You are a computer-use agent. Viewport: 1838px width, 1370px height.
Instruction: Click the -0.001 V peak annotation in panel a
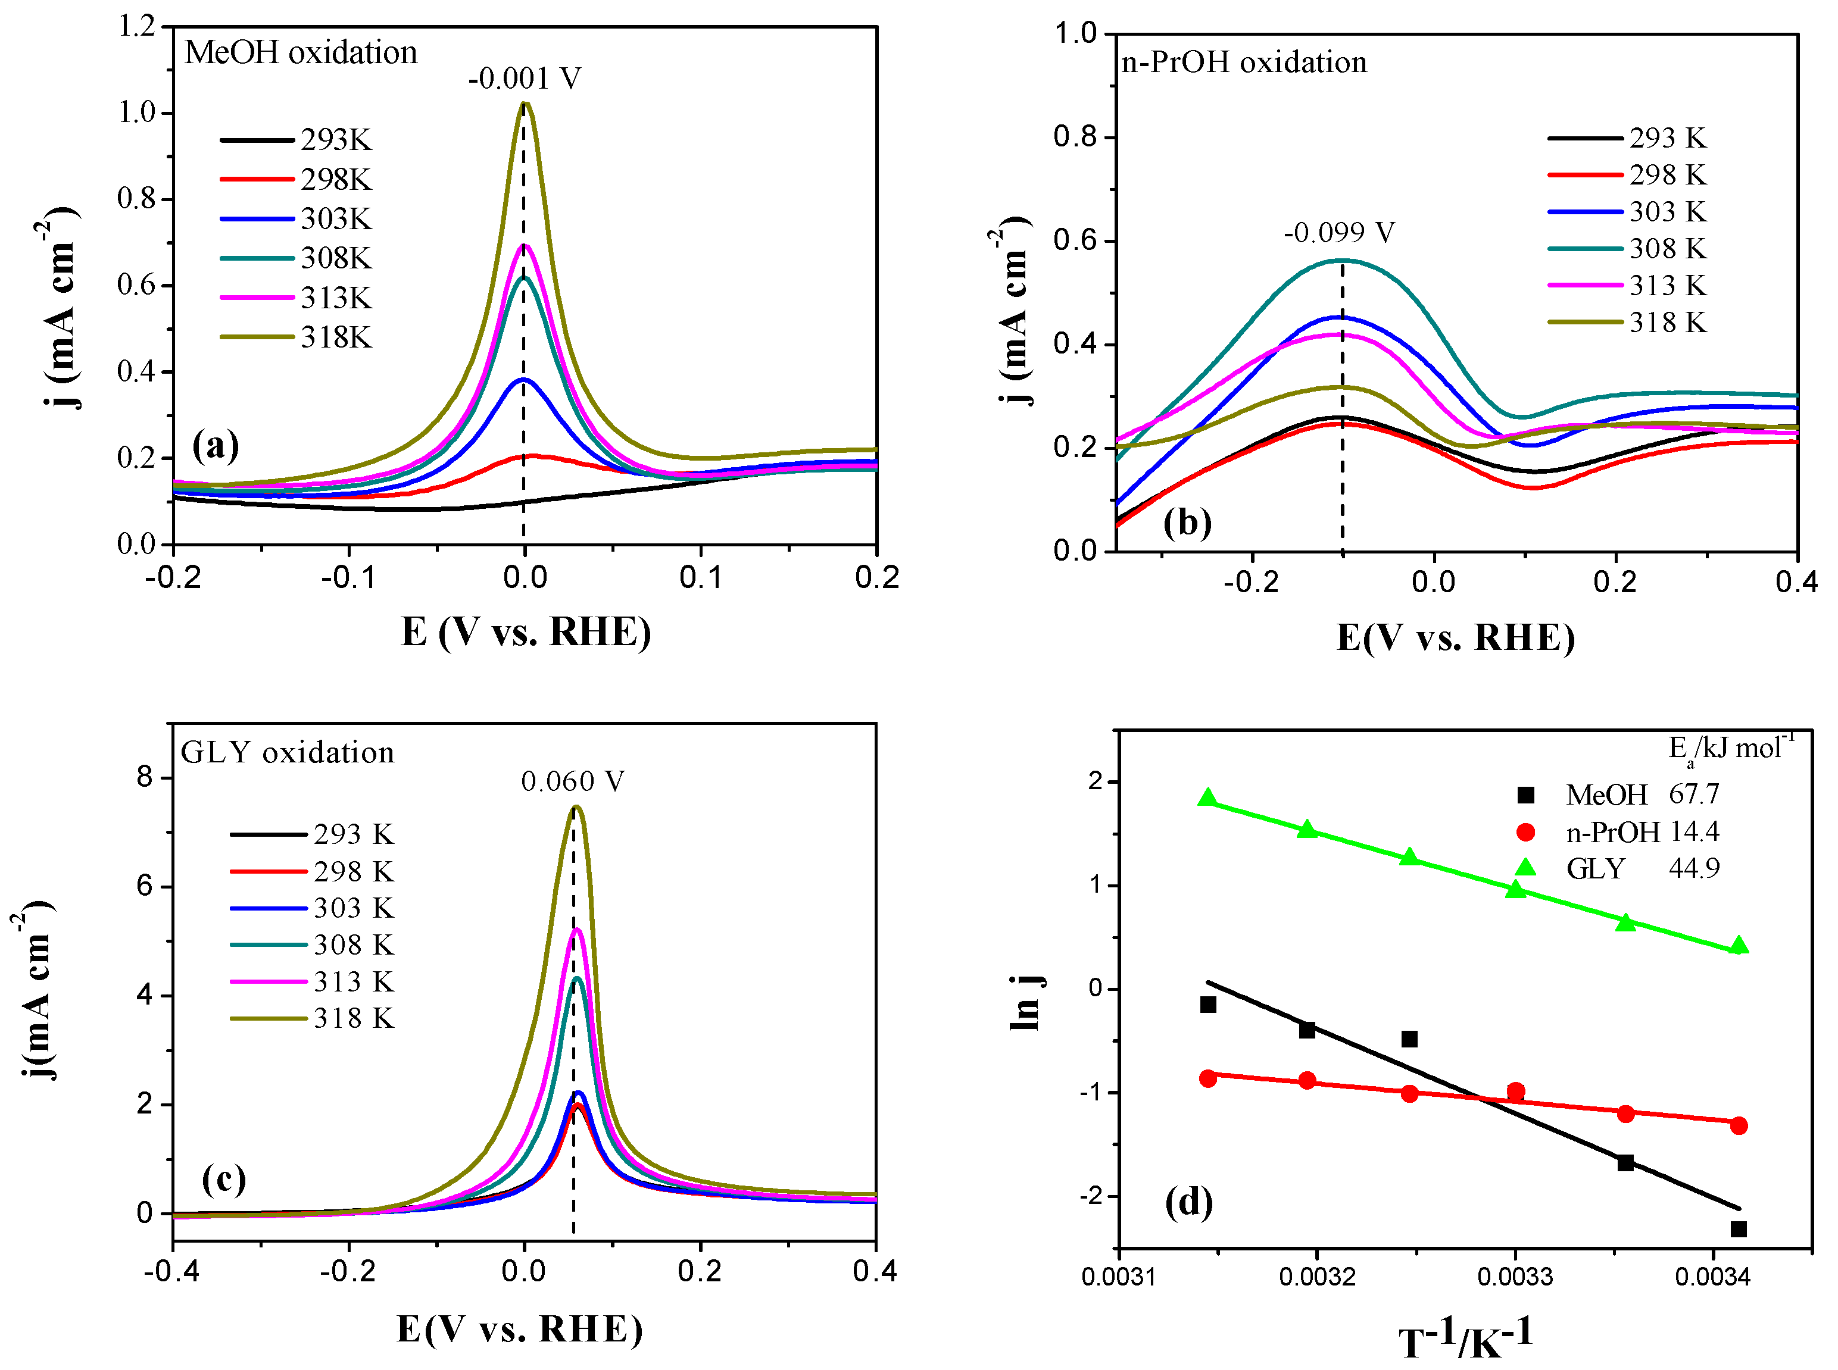(524, 79)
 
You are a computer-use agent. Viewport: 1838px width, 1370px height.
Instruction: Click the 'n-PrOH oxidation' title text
(1243, 63)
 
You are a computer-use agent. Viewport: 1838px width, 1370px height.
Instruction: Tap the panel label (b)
(1187, 523)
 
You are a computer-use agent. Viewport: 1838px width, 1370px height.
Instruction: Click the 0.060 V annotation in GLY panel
(572, 781)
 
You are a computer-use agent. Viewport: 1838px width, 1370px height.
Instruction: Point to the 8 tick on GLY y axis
(145, 778)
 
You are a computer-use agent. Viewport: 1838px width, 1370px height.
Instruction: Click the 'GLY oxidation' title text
(288, 753)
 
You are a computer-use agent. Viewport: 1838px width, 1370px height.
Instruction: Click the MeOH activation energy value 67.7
(1694, 795)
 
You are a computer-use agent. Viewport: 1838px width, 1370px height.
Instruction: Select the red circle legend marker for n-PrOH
(1524, 832)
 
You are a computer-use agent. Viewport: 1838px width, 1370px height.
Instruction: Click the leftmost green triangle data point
(1207, 799)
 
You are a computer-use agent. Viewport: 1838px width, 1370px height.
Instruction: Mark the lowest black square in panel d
(1739, 1229)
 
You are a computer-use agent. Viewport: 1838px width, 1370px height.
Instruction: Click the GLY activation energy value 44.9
(1694, 868)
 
